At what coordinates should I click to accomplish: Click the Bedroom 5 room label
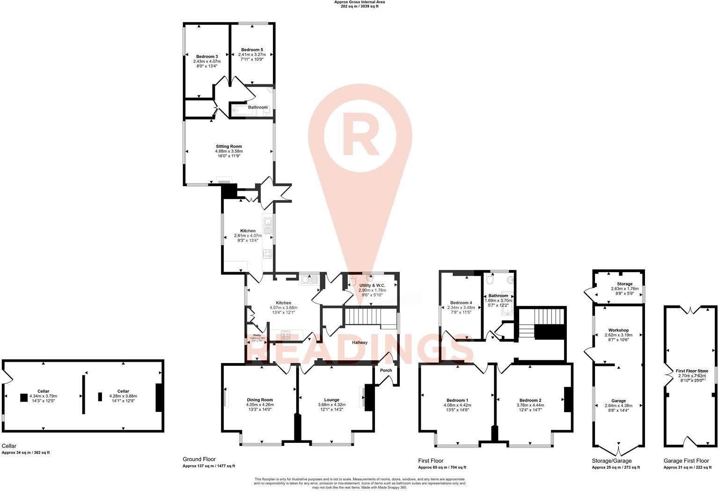pyautogui.click(x=252, y=50)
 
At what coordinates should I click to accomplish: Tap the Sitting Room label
pyautogui.click(x=229, y=147)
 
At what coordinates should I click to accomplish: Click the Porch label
pyautogui.click(x=386, y=370)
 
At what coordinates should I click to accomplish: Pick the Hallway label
pyautogui.click(x=359, y=342)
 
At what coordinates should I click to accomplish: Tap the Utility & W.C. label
pyautogui.click(x=372, y=285)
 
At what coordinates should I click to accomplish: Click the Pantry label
pyautogui.click(x=257, y=335)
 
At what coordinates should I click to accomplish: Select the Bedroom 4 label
pyautogui.click(x=461, y=303)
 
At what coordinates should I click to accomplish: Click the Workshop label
pyautogui.click(x=618, y=330)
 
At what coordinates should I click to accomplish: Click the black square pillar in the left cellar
pyautogui.click(x=24, y=398)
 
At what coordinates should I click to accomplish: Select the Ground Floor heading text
pyautogui.click(x=199, y=459)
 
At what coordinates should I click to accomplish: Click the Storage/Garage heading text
pyautogui.click(x=611, y=461)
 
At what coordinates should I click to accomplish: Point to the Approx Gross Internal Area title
pyautogui.click(x=359, y=2)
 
